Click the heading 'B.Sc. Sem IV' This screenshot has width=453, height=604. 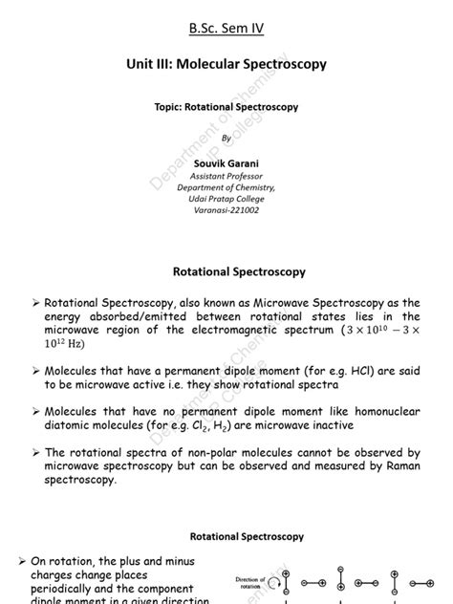pos(226,26)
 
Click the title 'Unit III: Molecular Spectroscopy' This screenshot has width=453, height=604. pos(226,65)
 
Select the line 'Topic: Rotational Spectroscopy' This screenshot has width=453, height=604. pos(226,108)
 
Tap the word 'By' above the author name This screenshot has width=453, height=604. pos(226,139)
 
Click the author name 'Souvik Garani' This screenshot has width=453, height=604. pos(226,164)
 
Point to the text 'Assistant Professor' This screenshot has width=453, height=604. pos(226,177)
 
